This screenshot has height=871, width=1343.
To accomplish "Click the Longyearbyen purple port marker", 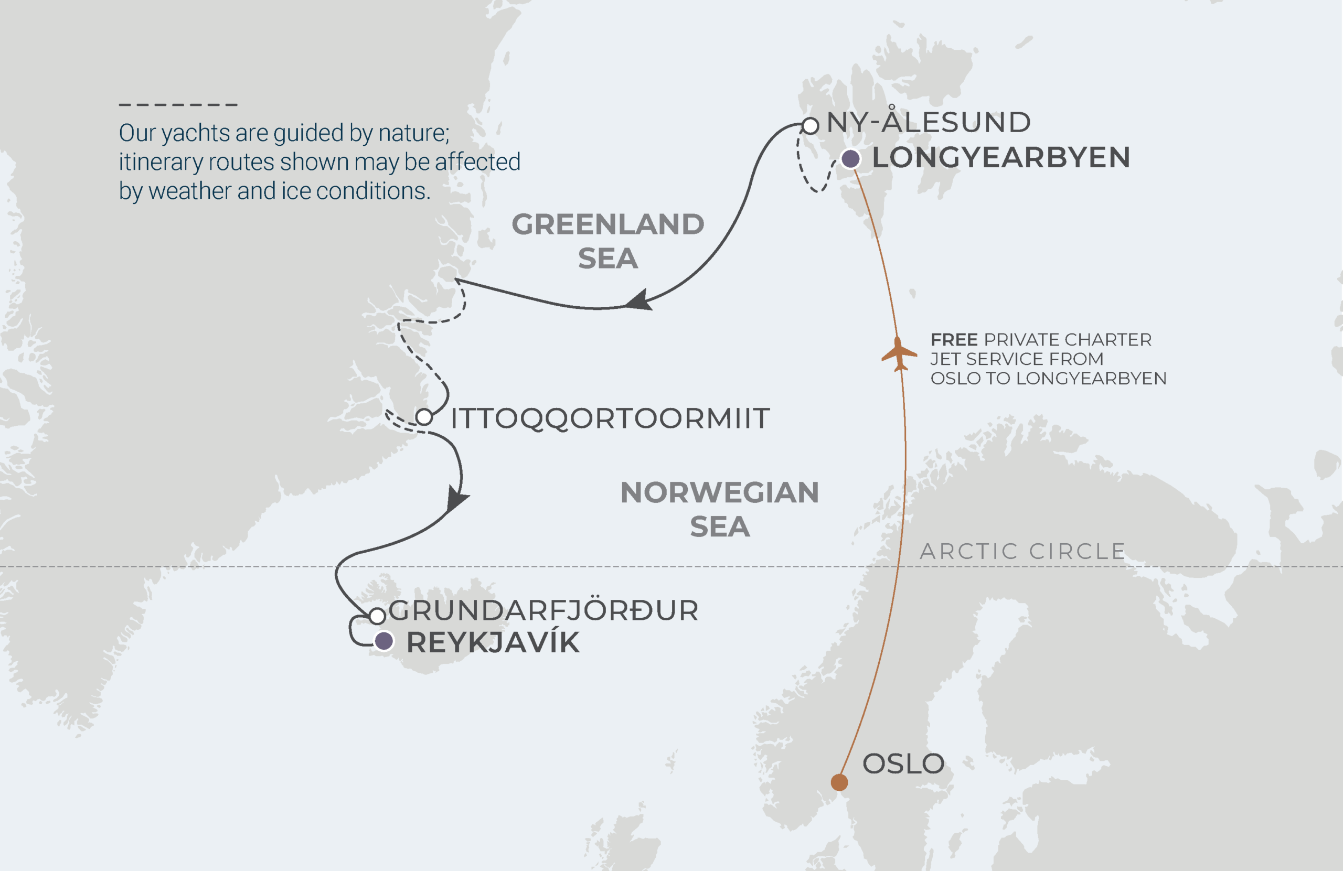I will coord(850,159).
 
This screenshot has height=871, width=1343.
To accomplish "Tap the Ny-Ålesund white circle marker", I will coord(810,126).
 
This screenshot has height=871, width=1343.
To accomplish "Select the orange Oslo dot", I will coord(839,782).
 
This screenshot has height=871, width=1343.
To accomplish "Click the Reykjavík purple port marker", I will coord(383,641).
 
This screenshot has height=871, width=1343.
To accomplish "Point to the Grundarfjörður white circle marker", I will coord(377,616).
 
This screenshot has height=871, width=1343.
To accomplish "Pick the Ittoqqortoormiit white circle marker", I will coord(424,417).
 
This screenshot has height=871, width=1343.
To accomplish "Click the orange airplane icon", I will coord(898,354).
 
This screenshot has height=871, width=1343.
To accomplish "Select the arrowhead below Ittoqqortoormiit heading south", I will coord(456,499).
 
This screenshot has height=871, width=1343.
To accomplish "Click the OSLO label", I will coord(903,764).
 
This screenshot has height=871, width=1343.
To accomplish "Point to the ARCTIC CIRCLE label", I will coord(1022,551).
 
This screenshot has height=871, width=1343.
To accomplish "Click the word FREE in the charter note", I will coord(954,340).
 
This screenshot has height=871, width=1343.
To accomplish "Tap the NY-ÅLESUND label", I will coord(928,122).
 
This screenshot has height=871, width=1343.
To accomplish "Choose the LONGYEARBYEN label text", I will coord(1000,157).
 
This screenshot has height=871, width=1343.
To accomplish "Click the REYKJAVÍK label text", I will coord(493,642).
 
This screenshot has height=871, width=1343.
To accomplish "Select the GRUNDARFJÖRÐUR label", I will coord(543,610).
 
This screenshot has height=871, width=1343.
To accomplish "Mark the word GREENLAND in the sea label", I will coord(607,224).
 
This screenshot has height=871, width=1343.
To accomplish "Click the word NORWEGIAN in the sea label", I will coord(719,492).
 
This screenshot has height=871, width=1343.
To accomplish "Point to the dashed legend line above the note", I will coord(178,104).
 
